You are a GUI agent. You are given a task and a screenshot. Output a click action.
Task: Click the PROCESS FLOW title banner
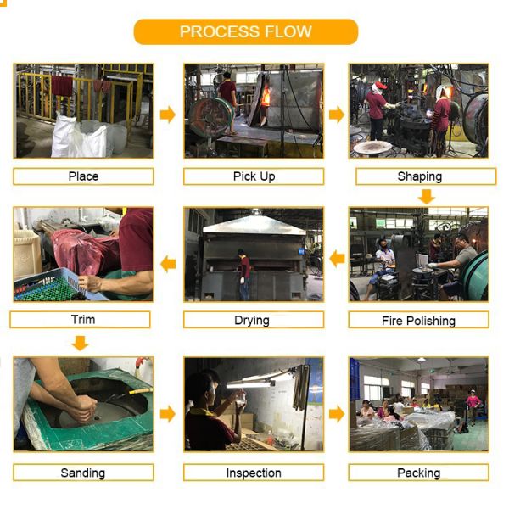(x=246, y=32)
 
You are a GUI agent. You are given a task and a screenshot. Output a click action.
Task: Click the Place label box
(x=83, y=176)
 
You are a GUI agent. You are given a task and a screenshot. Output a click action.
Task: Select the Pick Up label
(x=254, y=176)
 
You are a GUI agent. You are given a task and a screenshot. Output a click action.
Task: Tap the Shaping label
(x=426, y=176)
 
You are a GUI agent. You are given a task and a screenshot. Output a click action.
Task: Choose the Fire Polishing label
(x=418, y=320)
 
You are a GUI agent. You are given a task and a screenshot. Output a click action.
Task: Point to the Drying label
(x=254, y=320)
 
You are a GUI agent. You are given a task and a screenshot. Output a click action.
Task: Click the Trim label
(x=81, y=320)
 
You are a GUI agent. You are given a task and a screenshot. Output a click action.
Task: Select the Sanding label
(x=83, y=473)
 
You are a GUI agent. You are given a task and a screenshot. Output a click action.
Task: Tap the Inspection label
(x=254, y=473)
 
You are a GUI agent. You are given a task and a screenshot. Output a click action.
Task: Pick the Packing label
(x=418, y=473)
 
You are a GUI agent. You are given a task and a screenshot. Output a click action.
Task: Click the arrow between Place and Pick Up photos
(x=168, y=115)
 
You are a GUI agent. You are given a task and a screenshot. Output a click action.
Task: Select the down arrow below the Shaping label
(x=426, y=197)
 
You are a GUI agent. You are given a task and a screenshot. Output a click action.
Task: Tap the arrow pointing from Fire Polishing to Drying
(x=337, y=259)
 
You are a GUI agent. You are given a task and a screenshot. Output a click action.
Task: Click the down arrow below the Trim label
(x=80, y=343)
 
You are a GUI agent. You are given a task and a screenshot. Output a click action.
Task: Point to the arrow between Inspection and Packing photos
(x=337, y=414)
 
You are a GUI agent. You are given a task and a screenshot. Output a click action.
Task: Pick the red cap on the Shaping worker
(x=381, y=86)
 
